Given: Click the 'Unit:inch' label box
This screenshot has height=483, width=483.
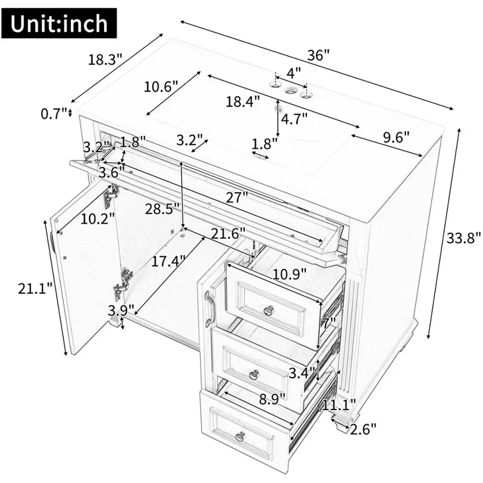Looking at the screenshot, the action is point(59,24).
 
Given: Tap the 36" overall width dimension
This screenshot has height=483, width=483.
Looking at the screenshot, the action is point(318,56).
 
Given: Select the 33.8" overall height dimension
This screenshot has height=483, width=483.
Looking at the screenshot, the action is point(463,238).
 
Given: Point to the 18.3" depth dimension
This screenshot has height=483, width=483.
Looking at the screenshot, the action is point(105,59).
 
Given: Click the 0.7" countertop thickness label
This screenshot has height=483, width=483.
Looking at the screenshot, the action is point(54,114).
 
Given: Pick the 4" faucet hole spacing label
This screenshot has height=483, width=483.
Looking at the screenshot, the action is point(293,73).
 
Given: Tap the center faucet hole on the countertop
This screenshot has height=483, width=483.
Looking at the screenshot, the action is point(290,90).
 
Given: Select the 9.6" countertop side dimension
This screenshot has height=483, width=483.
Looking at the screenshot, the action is point(396,137).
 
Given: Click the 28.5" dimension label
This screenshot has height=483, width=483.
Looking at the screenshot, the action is point(162,209).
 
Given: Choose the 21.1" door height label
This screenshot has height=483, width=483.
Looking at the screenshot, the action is point(35,289).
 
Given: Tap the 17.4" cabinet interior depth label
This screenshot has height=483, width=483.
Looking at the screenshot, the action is point(168,261).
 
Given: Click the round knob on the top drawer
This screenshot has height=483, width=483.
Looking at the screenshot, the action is point(270,310).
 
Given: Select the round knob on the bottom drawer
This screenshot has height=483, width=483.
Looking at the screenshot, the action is point(241,436).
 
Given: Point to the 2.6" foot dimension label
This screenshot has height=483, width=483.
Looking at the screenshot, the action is point(363,429).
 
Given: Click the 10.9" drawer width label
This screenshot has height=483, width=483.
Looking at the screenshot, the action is point(290,274).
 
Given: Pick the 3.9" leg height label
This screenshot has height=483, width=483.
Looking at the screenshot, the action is point(121,310).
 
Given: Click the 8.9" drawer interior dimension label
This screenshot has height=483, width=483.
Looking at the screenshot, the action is point(272,399).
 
